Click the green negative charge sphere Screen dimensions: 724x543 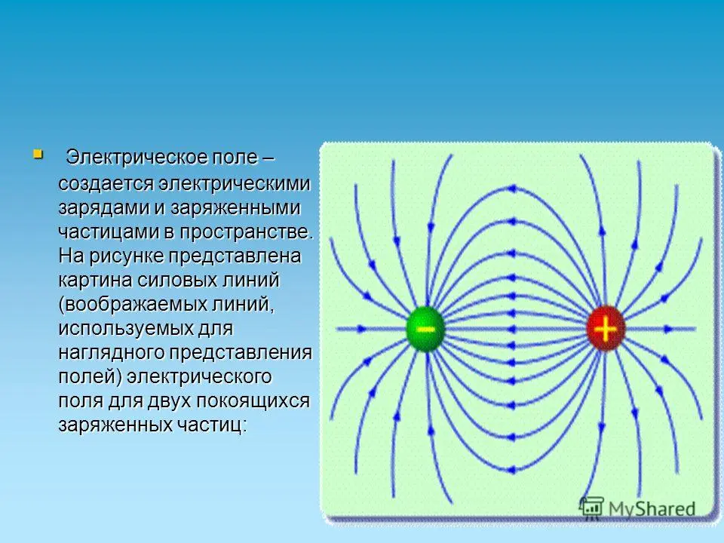pos(425,329)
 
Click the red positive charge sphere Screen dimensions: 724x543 pos(606,329)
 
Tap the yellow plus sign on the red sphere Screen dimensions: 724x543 pos(606,329)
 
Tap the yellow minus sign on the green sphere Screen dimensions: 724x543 pos(425,329)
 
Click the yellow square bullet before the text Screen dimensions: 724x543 pos(38,154)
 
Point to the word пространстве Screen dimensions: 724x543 pos(246,232)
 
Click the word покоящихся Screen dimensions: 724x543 pos(253,400)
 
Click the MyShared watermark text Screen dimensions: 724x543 pos(652,508)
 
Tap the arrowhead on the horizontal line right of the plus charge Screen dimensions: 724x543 pos(669,329)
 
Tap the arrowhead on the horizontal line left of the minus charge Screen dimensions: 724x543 pos(361,329)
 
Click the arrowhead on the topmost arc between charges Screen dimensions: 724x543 pos(511,189)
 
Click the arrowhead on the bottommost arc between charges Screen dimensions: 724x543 pos(511,470)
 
